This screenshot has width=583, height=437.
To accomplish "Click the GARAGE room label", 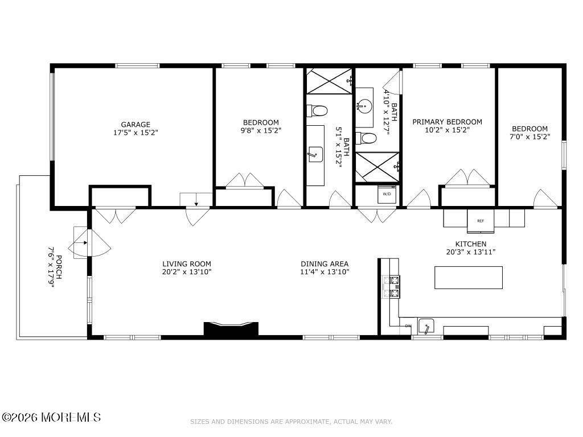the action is [136, 125].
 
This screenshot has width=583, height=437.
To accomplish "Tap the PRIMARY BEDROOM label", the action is [447, 122].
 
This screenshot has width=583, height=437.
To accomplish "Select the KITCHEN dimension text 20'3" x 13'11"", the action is [471, 252].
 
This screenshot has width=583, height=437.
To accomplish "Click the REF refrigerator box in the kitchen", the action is [481, 221].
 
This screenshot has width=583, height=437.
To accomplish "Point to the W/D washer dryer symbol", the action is [387, 194].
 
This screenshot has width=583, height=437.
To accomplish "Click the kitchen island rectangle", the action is [469, 277].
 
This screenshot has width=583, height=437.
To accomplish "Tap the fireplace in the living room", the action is [231, 329].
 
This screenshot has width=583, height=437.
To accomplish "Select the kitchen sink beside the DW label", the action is [426, 326].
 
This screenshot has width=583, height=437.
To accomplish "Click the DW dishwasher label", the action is [408, 326].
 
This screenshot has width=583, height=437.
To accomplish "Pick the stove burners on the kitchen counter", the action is [392, 286].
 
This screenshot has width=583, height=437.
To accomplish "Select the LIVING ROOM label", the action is [187, 264].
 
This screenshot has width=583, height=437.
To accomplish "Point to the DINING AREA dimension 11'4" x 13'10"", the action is [325, 271].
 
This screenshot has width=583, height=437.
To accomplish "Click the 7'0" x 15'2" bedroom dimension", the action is [530, 137].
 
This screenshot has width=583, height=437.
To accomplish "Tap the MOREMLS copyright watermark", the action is [51, 417].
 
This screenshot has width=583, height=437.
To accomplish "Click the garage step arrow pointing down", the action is [196, 201].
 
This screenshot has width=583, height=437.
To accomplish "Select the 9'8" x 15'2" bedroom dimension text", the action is [261, 130].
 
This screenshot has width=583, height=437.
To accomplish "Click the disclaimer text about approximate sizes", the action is [291, 422].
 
